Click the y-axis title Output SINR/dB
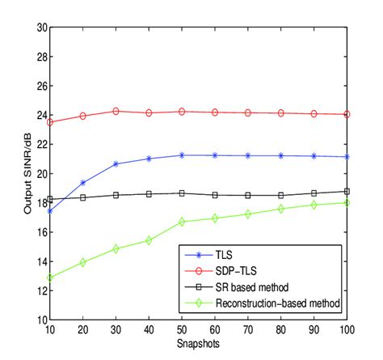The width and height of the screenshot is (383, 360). [x=27, y=173]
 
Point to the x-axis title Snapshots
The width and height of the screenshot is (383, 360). [x=199, y=343]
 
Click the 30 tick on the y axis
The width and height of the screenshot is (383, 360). [x=41, y=27]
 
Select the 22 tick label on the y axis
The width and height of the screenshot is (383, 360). [x=41, y=144]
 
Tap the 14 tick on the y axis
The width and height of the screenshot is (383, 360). [x=41, y=261]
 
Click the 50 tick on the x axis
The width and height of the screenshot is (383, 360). [x=182, y=329]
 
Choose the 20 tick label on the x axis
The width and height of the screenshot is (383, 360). [x=83, y=329]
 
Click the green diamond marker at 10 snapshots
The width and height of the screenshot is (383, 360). [x=50, y=277]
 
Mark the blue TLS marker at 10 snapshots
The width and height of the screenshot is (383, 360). [x=50, y=211]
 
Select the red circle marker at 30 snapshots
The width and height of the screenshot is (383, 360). [x=116, y=111]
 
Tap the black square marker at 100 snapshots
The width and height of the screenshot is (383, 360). [x=347, y=192]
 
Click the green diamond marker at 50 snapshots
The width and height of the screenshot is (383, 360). [x=182, y=222]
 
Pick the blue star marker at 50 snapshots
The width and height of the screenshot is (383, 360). [x=182, y=155]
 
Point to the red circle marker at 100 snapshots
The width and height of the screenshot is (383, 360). [x=347, y=115]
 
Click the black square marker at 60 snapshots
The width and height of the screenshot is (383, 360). [x=215, y=195]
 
